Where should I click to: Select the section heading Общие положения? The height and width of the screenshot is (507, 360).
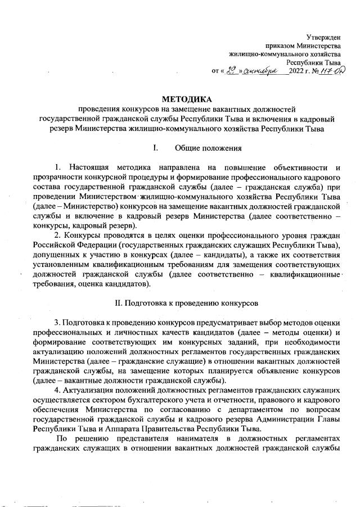point(208,148)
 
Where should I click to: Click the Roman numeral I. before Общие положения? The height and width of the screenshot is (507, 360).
point(147,148)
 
